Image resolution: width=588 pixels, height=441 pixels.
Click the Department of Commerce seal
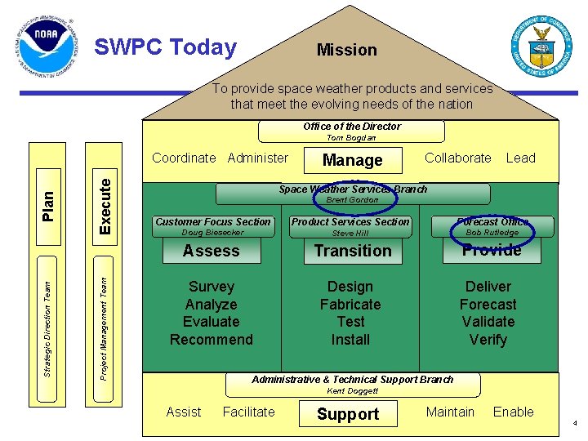pyautogui.click(x=541, y=46)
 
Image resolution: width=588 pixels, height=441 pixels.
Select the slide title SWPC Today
pyautogui.click(x=165, y=47)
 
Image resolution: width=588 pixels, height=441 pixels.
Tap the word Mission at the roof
pyautogui.click(x=347, y=50)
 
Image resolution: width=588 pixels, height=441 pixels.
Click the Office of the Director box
pyautogui.click(x=352, y=127)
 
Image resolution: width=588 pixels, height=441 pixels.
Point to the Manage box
pyautogui.click(x=352, y=160)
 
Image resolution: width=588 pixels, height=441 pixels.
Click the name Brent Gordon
pyautogui.click(x=352, y=199)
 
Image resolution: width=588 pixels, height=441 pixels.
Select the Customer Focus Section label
pyautogui.click(x=212, y=221)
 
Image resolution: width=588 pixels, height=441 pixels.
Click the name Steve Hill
pyautogui.click(x=350, y=233)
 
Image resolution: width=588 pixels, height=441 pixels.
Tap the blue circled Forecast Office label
pyautogui.click(x=492, y=221)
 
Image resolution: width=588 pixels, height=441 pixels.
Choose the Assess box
pyautogui.click(x=211, y=252)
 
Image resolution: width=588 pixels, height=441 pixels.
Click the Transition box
pyautogui.click(x=353, y=252)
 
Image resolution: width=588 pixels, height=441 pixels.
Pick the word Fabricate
pyautogui.click(x=350, y=305)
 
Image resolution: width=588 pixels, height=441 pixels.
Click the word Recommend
pyautogui.click(x=212, y=340)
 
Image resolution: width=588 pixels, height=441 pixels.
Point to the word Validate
pyautogui.click(x=488, y=322)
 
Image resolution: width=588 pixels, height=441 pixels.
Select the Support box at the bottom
pyautogui.click(x=348, y=414)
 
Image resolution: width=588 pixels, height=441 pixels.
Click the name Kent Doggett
pyautogui.click(x=352, y=390)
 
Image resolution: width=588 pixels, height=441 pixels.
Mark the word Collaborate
pyautogui.click(x=458, y=158)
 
